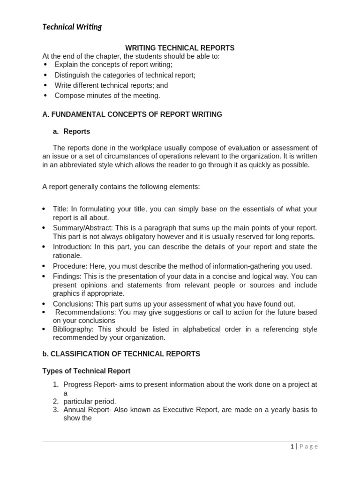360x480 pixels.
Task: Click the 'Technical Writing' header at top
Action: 72,27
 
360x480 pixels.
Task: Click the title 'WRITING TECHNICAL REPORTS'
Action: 180,48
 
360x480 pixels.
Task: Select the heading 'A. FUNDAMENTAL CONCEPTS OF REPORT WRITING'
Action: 132,114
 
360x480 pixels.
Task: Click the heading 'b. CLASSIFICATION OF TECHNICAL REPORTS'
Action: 121,354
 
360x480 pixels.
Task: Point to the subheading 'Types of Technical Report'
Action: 86,371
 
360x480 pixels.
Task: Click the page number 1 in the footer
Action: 292,446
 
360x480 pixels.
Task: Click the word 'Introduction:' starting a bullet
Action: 72,247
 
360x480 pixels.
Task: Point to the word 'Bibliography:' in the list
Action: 73,329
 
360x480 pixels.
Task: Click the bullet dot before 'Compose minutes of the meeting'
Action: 45,96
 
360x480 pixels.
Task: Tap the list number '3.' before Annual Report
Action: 55,410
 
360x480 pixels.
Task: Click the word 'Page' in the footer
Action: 308,446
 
